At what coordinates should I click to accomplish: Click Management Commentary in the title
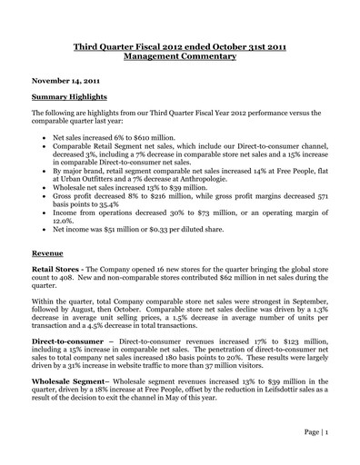point(179,55)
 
